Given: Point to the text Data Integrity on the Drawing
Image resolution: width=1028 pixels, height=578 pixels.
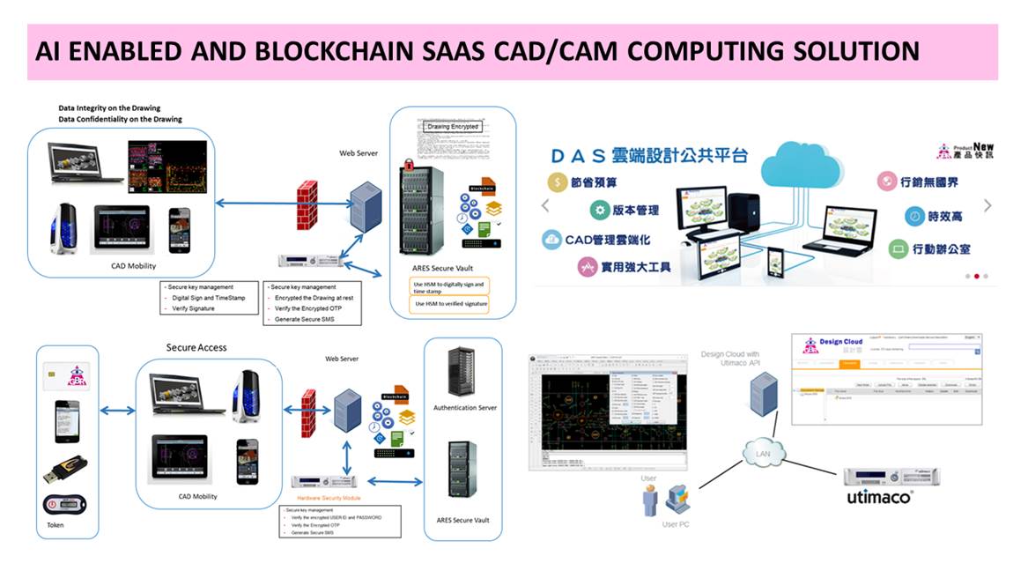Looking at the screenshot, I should (109, 108).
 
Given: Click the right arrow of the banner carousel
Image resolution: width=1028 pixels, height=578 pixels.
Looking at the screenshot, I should (987, 205).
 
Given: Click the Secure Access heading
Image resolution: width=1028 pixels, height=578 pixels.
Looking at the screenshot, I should (196, 347).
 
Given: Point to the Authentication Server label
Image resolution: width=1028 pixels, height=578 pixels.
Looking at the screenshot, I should (465, 408).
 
